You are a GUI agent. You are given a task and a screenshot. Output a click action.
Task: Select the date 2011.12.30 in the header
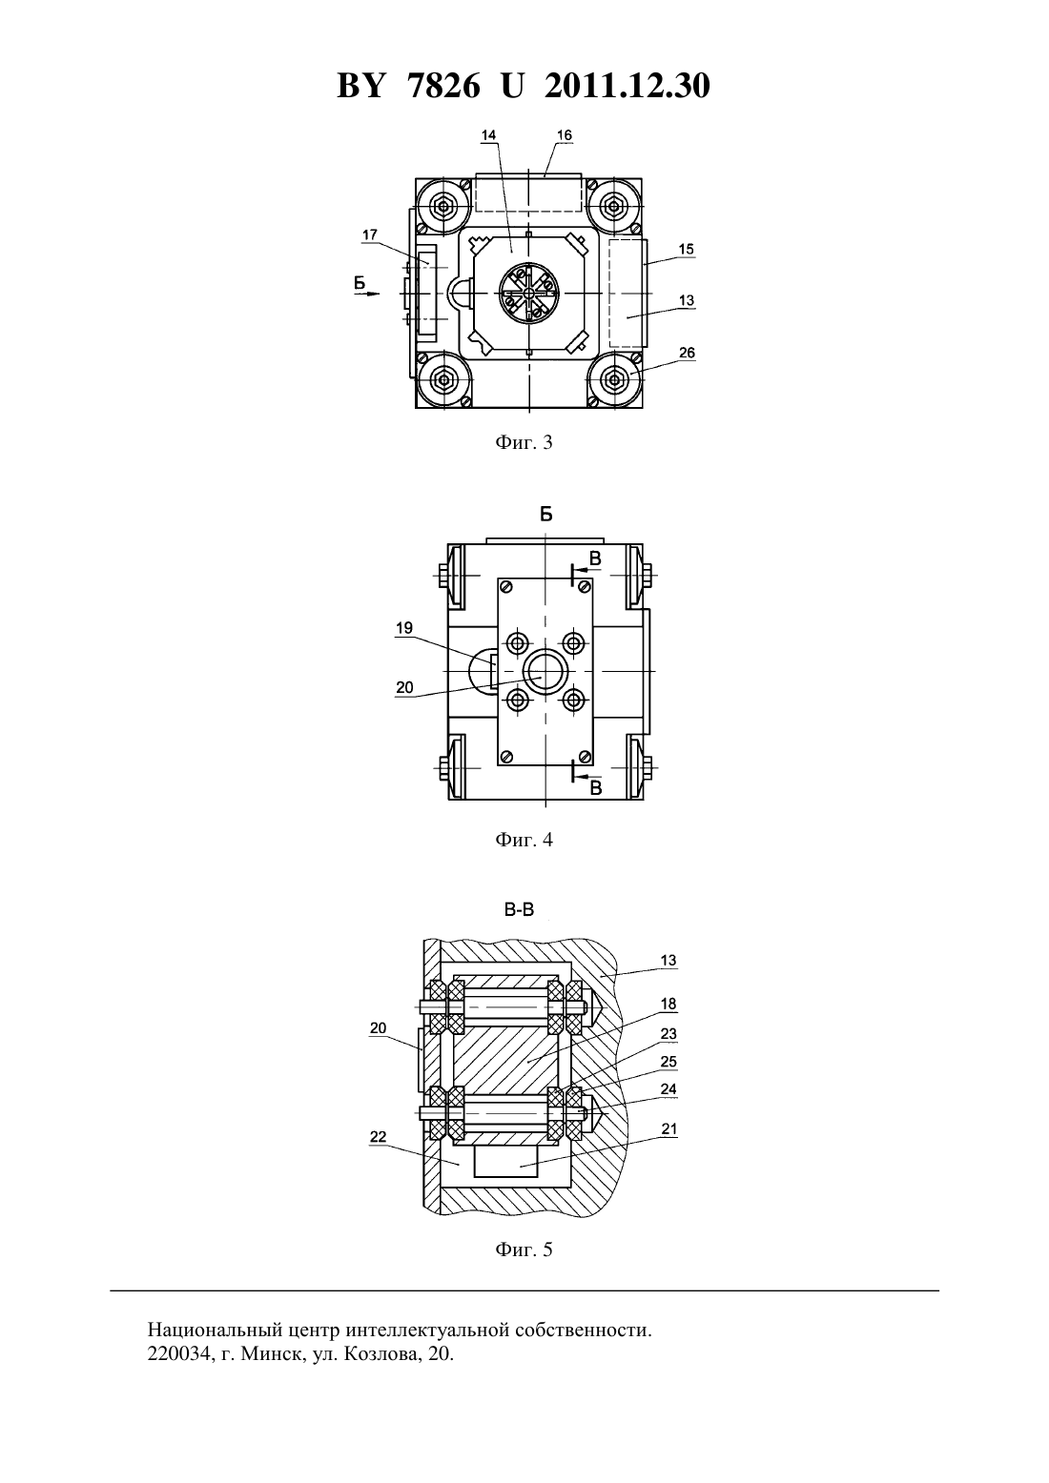pos(627,86)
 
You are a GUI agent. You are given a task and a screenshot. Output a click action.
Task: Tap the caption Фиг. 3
pos(524,442)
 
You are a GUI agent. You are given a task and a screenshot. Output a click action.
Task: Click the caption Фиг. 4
pos(524,840)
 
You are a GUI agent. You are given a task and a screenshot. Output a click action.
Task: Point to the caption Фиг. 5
pos(524,1249)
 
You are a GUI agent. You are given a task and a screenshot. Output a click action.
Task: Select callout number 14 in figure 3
pos(488,135)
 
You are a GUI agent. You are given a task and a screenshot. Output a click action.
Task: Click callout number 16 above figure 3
pos(564,135)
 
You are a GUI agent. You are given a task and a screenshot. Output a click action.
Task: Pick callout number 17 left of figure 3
pos(369,234)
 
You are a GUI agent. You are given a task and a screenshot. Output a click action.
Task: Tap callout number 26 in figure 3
pos(687,353)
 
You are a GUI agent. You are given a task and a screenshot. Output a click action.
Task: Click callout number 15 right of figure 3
pos(686,249)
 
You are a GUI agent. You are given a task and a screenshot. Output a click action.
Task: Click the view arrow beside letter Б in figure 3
pos(367,294)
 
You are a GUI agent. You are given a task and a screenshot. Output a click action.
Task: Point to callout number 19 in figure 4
pos(404,628)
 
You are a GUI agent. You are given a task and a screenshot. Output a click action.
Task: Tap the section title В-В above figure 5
pos(519,909)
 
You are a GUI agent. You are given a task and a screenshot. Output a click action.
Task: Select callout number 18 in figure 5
pos(668,1004)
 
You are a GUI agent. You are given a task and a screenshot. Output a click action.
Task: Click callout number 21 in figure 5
pos(669,1128)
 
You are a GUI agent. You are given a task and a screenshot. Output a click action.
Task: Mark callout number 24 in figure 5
pos(668,1089)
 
